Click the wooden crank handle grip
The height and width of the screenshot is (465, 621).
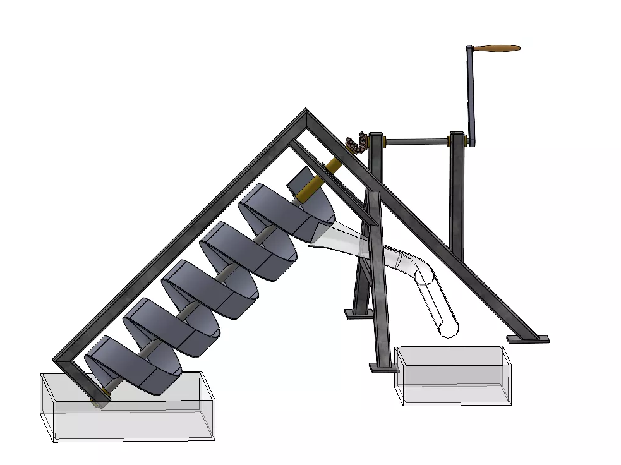pos(497,48)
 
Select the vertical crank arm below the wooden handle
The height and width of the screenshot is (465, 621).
pos(471,88)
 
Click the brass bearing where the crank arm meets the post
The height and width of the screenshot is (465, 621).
pos(464,140)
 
